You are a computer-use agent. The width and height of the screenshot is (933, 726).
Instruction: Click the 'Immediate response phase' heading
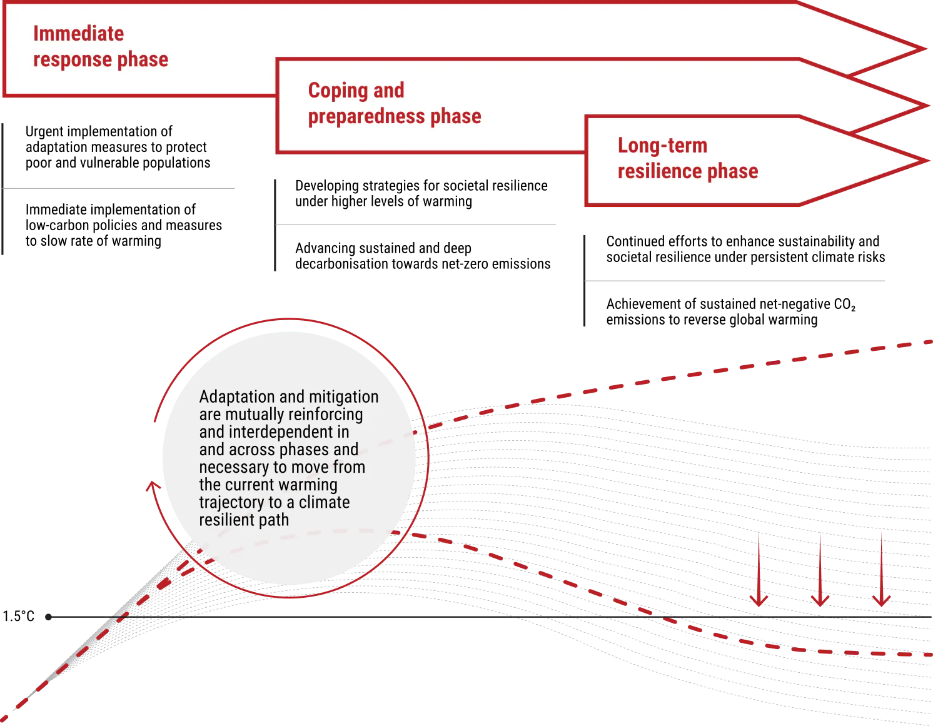(101, 46)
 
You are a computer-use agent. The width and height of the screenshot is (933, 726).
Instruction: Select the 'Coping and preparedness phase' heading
(395, 103)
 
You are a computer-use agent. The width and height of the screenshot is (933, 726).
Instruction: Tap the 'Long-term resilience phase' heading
(688, 158)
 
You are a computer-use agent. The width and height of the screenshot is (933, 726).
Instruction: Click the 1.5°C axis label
(19, 616)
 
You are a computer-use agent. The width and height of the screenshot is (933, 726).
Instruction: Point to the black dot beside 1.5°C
(49, 617)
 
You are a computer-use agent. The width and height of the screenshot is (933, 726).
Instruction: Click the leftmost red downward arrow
(759, 569)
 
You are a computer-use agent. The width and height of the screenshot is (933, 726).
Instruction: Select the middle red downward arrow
(820, 569)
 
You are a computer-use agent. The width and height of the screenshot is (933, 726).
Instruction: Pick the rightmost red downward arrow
(882, 569)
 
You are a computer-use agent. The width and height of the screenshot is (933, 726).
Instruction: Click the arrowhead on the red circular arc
(153, 486)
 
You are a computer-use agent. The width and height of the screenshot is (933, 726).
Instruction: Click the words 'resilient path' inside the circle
(244, 520)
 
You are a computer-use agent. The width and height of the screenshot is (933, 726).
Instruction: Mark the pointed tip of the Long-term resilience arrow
(927, 161)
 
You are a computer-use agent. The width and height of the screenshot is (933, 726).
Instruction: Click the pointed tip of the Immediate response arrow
(924, 49)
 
